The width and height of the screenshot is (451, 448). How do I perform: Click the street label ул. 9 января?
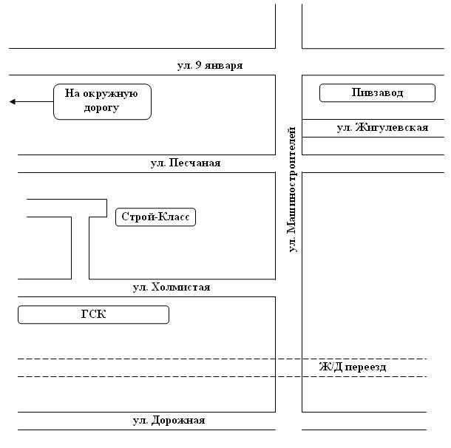(x=210, y=66)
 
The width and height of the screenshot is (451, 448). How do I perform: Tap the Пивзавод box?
(x=377, y=93)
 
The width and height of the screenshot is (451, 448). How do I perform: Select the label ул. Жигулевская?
(x=382, y=127)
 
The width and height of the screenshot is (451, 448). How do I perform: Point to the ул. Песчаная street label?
(x=186, y=163)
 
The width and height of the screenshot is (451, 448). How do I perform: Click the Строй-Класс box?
(x=155, y=217)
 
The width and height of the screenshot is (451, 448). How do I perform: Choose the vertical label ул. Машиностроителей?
(x=292, y=189)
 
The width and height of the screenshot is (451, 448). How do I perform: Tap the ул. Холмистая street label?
(x=172, y=288)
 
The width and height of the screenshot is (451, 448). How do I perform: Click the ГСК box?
(x=93, y=315)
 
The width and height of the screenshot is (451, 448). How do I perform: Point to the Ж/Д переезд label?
(x=353, y=367)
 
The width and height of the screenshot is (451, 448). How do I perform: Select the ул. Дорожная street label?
(x=169, y=421)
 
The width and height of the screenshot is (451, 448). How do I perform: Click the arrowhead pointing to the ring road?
(x=12, y=101)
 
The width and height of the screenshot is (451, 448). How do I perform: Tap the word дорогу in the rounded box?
(x=101, y=108)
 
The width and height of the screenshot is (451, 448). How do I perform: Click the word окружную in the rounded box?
(x=110, y=94)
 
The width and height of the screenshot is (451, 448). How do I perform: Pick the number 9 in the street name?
(x=198, y=65)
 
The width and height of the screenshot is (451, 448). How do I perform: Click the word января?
(x=224, y=66)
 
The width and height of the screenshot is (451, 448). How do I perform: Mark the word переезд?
(x=365, y=367)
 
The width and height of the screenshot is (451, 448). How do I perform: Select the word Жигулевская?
(x=392, y=127)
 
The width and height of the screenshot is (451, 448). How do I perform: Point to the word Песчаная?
(x=194, y=163)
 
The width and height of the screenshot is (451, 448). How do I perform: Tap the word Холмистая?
(x=180, y=288)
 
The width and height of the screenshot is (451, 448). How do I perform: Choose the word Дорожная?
(x=178, y=421)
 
